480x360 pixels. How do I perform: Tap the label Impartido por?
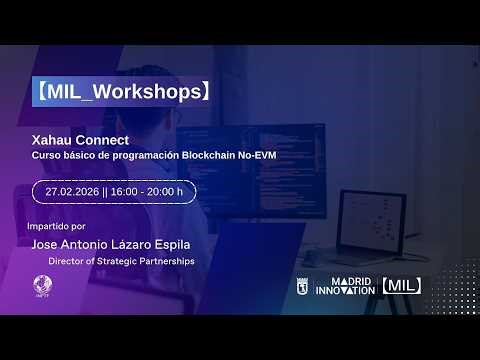click(58, 227)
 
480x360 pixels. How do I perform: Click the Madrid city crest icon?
click(303, 286)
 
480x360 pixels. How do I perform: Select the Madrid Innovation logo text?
click(344, 286)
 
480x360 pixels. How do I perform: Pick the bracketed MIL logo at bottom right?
click(400, 286)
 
